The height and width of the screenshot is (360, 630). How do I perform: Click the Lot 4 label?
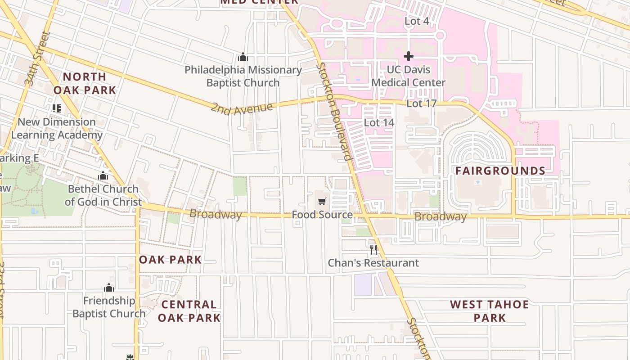tap(416, 21)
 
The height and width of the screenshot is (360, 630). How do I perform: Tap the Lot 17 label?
tap(421, 103)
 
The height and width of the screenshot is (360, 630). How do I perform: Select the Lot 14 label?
tap(379, 122)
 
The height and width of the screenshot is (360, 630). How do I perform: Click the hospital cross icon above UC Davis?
tap(409, 56)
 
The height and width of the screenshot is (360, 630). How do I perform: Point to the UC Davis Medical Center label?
tap(409, 76)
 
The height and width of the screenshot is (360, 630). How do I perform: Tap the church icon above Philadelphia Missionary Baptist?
tap(243, 57)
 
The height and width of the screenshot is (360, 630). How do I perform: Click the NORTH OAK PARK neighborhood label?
tap(85, 83)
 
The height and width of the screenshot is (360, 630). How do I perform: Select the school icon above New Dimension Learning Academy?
tap(56, 108)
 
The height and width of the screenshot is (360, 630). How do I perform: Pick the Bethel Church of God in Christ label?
tap(103, 195)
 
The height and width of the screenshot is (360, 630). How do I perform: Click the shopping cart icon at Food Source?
tap(322, 201)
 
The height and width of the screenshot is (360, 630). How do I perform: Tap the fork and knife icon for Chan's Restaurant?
tap(373, 249)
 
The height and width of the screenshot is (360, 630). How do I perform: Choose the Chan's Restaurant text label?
tap(373, 263)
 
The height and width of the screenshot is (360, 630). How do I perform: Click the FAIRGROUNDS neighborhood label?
tap(500, 171)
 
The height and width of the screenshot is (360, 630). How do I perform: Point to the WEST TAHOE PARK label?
tap(490, 311)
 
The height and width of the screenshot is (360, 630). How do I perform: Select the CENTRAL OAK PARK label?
tap(189, 311)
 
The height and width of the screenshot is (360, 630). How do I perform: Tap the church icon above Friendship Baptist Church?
tap(108, 288)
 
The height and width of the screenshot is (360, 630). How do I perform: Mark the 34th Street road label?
tap(36, 59)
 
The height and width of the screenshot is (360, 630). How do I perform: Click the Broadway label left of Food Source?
tap(216, 214)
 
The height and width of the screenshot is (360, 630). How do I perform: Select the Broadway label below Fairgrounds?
tap(440, 217)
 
